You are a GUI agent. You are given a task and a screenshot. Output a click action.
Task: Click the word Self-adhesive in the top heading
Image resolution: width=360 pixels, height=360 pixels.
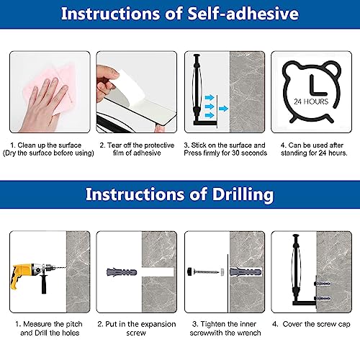[243, 14]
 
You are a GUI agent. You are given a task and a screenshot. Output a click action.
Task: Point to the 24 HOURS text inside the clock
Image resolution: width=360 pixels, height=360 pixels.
[311, 102]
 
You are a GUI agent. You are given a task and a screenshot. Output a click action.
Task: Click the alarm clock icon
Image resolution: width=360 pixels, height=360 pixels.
[312, 91]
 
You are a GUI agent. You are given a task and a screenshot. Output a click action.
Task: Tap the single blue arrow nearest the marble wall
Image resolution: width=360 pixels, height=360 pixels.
[223, 109]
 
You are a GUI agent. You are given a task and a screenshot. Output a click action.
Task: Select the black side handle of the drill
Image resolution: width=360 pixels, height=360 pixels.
[43, 284]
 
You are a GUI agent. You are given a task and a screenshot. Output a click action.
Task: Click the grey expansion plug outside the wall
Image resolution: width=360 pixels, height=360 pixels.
[122, 272]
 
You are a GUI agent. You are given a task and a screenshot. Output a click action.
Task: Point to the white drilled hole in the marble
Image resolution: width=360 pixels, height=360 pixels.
[158, 272]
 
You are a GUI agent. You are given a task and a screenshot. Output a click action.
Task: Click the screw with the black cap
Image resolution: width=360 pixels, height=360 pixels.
[203, 272]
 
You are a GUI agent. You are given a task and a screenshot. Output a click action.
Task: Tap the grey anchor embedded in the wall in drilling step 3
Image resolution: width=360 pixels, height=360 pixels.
[246, 272]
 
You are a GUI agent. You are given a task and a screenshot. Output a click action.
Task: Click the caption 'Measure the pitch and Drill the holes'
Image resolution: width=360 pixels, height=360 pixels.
[49, 328]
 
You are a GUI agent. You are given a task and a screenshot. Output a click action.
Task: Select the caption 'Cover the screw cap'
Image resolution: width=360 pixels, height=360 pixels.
[311, 324]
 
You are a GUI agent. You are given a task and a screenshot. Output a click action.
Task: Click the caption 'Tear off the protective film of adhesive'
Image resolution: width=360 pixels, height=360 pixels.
[137, 149]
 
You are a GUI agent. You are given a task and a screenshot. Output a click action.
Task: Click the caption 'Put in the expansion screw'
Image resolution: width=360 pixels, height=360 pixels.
[136, 328]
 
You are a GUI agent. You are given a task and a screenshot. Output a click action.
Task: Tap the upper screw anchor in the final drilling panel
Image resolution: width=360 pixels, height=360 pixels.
[323, 284]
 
